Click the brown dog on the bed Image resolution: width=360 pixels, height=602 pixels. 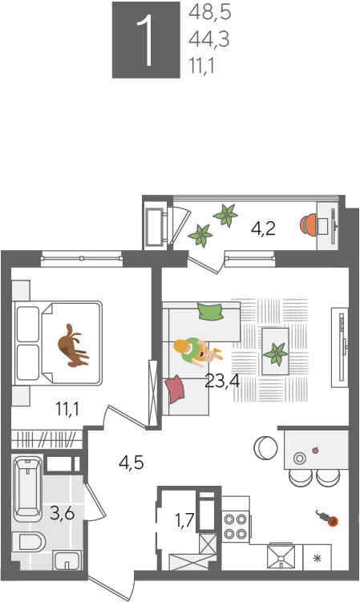point(73,346)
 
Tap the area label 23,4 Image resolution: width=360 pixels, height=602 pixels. point(222,381)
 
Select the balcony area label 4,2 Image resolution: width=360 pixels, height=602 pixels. point(263,228)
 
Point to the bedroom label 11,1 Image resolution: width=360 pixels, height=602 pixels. point(67,409)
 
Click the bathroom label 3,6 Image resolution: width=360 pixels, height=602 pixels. point(63,512)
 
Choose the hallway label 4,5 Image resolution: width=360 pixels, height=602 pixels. point(131,463)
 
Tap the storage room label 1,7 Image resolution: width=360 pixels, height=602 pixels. point(184,520)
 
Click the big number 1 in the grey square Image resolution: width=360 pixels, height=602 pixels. point(146,40)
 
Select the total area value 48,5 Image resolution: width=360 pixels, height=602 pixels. point(210,12)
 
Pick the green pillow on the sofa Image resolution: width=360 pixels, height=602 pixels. point(211,311)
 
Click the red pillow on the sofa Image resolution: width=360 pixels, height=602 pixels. point(175,389)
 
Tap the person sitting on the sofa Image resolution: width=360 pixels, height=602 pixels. point(196,351)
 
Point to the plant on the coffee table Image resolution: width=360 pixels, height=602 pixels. point(275,354)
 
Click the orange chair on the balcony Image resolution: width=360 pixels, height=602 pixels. point(309,225)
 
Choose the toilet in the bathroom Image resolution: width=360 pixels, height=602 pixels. point(28,542)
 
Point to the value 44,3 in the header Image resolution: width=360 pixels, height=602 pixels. point(209,39)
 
